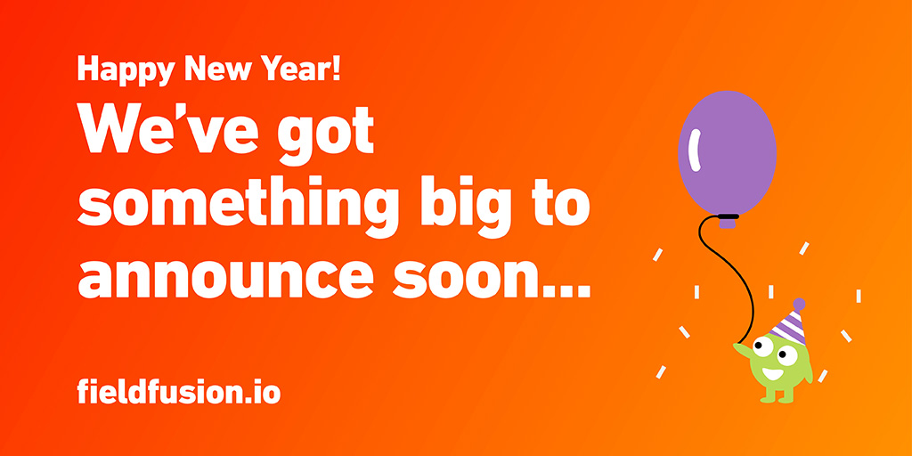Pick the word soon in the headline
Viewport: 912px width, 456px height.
coord(464,275)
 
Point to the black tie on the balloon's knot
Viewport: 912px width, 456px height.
coord(728,216)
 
